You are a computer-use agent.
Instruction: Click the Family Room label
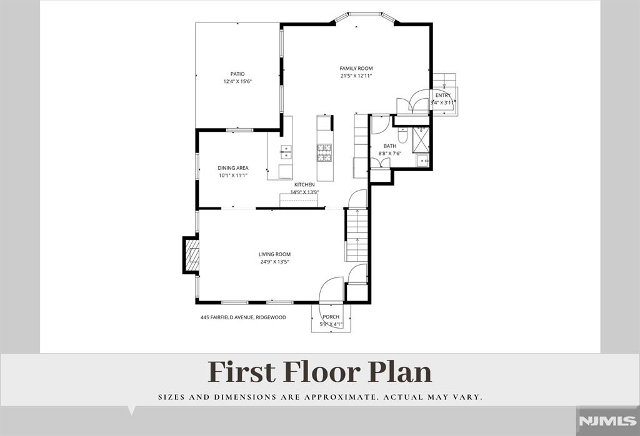[356, 69]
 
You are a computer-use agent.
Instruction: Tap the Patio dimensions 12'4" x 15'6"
[237, 82]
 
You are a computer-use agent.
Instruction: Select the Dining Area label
[233, 168]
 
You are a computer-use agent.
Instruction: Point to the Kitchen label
[304, 185]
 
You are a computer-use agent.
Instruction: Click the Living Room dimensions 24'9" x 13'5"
[274, 262]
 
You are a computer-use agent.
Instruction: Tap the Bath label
[390, 146]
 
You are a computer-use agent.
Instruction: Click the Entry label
[443, 96]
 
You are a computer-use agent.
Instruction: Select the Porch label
[331, 317]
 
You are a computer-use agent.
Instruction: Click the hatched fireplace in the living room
[192, 255]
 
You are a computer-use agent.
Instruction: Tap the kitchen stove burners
[324, 152]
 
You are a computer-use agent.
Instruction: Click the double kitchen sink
[286, 151]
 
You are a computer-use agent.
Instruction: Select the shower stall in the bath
[421, 139]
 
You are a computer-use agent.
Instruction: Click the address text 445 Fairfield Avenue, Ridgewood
[243, 317]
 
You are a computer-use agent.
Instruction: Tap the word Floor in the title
[322, 372]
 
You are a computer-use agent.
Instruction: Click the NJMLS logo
[607, 421]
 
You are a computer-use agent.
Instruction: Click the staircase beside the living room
[357, 234]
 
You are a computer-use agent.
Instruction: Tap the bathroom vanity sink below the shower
[422, 161]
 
